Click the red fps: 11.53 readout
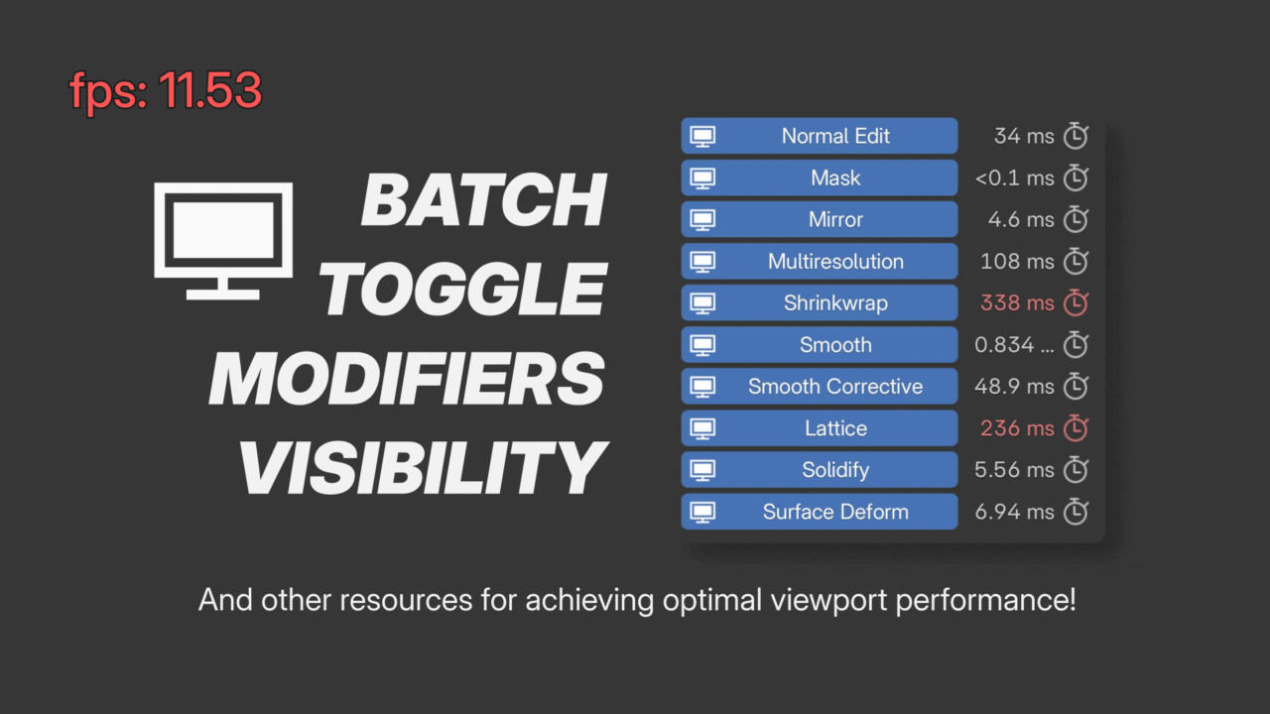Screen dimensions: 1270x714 coord(165,90)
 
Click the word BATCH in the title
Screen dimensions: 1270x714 coord(483,200)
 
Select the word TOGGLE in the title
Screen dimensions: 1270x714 coord(463,289)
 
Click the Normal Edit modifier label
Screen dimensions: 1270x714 coord(835,136)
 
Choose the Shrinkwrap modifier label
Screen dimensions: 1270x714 coord(835,303)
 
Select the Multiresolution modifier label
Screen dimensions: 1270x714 coord(835,261)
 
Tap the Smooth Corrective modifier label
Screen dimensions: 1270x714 coord(835,387)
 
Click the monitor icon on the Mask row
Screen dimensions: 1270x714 coord(702,178)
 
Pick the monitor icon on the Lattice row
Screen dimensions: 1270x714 coord(702,429)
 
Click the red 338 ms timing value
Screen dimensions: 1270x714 coord(1017,303)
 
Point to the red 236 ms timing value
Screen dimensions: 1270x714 coord(1017,428)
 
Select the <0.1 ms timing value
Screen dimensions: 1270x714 coord(1014,178)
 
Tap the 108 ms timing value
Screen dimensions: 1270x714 coord(1017,261)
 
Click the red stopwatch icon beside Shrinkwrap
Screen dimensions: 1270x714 coord(1076,302)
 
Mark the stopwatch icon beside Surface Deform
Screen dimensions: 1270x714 coord(1076,511)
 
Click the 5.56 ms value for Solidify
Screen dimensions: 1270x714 coord(1014,470)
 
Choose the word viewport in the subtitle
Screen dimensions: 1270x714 coord(828,600)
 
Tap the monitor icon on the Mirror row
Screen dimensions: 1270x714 coord(702,220)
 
